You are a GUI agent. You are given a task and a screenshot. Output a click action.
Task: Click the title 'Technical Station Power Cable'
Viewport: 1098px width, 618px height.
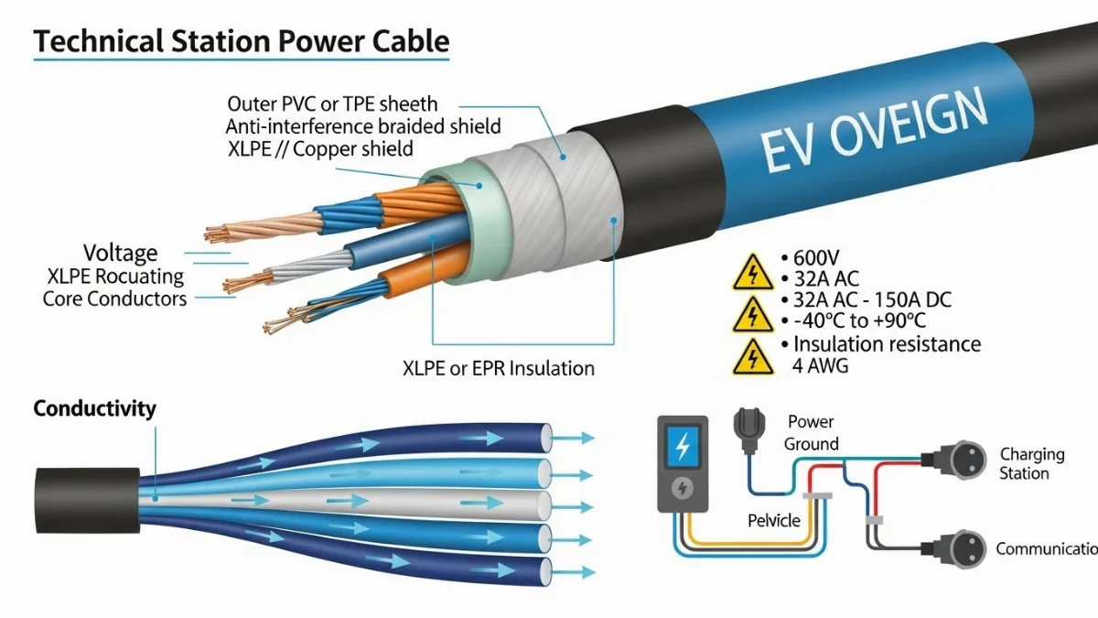point(242,41)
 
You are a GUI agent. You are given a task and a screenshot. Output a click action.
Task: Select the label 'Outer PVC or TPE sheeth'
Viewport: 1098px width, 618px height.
point(332,104)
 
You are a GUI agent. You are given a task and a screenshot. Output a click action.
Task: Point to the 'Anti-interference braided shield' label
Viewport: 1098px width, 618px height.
point(363,126)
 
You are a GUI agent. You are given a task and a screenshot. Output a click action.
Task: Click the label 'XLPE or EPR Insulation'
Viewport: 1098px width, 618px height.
point(499,368)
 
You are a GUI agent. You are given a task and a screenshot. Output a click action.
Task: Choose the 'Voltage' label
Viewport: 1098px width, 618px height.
point(120,254)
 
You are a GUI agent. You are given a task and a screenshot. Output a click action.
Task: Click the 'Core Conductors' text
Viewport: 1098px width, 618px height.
point(114,299)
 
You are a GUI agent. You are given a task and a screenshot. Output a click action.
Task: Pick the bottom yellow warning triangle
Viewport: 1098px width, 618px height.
point(753,358)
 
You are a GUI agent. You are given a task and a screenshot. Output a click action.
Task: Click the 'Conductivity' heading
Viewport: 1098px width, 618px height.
point(94,409)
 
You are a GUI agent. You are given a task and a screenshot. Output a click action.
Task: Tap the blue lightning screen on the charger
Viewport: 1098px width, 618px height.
point(682,449)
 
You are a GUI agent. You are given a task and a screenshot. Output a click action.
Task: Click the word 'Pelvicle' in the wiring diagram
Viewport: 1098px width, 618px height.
point(773,521)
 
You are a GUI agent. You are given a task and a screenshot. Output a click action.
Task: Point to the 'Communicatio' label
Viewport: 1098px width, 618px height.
point(1046,549)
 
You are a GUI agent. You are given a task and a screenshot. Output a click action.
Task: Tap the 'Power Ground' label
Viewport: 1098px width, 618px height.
point(811,433)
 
